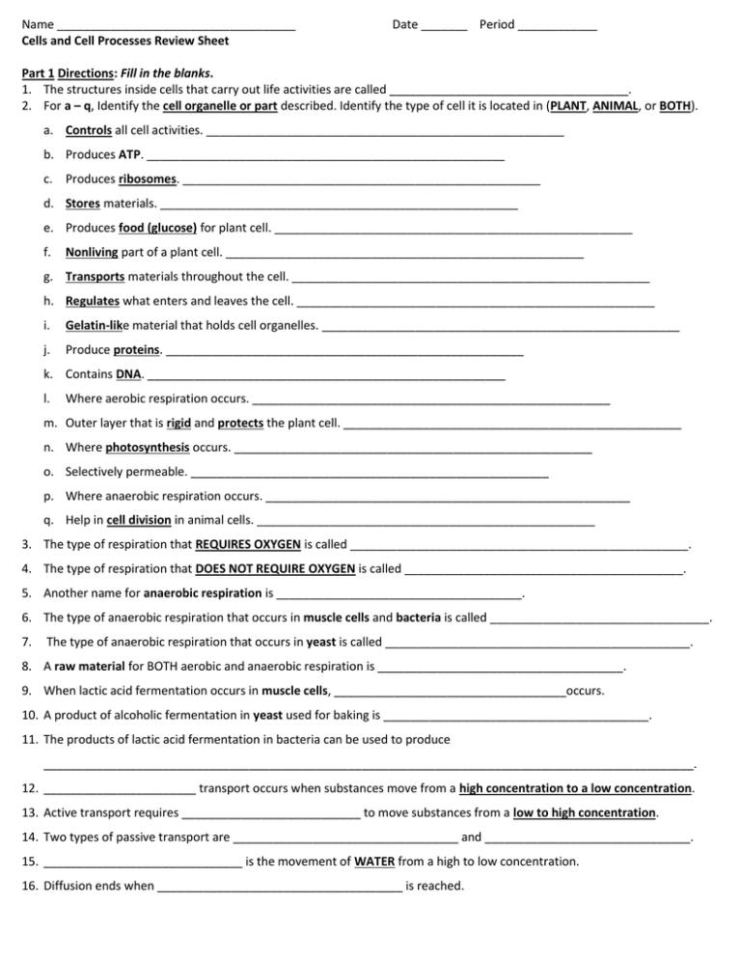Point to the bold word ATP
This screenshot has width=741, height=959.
(x=130, y=154)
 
